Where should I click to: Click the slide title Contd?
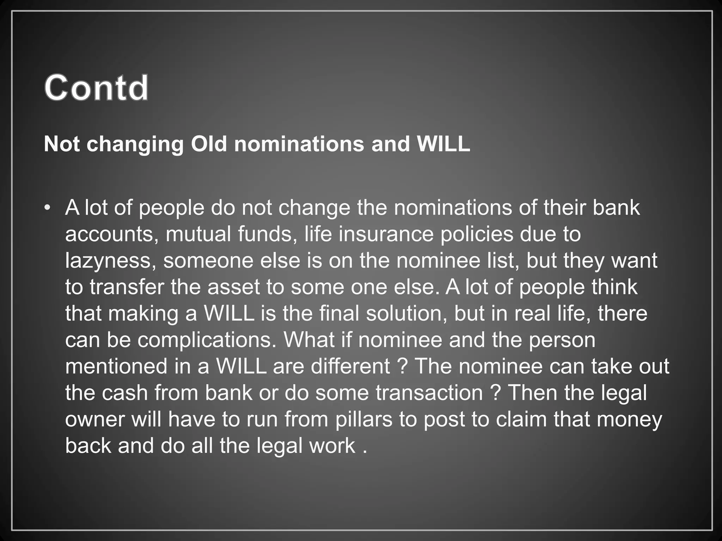click(96, 87)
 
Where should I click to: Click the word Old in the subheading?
click(208, 144)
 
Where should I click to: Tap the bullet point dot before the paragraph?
click(47, 208)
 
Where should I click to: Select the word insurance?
click(386, 234)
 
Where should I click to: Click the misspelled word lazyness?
click(111, 261)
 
